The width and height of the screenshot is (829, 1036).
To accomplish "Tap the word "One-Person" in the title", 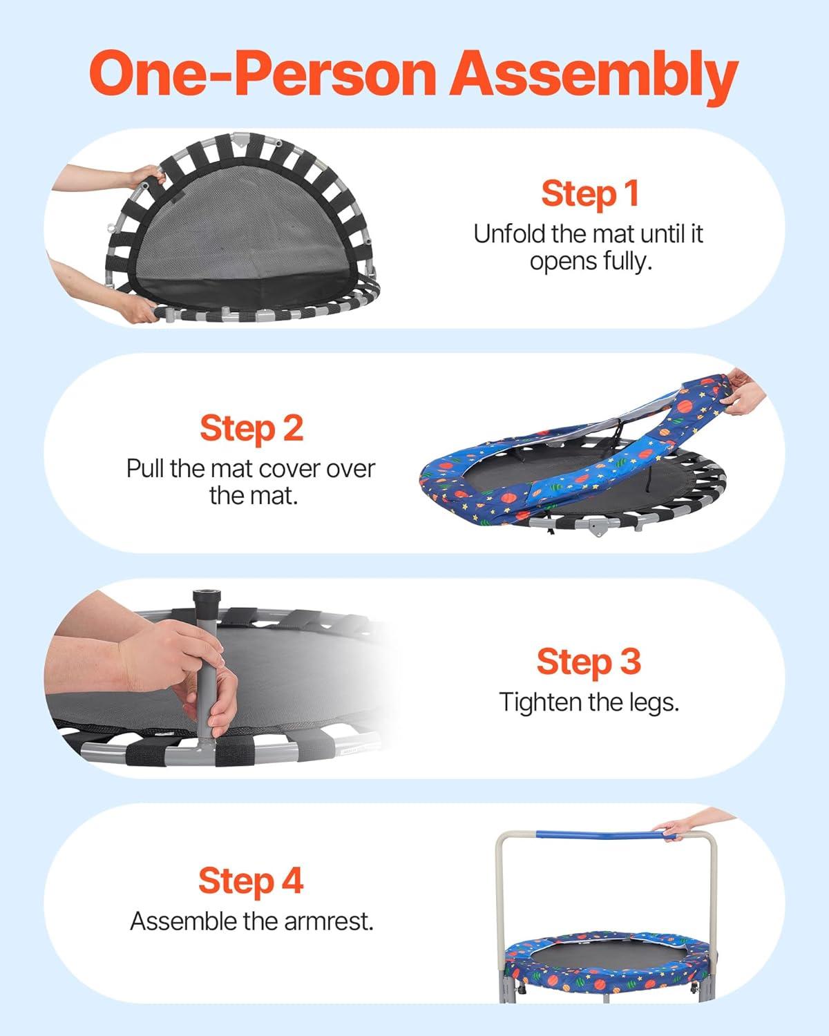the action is [x=263, y=74].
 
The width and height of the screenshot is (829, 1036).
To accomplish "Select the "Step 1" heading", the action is [x=590, y=194].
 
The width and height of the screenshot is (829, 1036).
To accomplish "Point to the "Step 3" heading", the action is [x=589, y=662].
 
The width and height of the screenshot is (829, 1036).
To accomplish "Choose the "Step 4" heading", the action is [x=251, y=881].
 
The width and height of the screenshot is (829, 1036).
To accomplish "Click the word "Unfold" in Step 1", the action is [x=510, y=234].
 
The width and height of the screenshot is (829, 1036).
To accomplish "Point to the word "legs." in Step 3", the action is [x=654, y=703].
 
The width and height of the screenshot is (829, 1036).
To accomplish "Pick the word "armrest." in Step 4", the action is [x=329, y=921].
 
